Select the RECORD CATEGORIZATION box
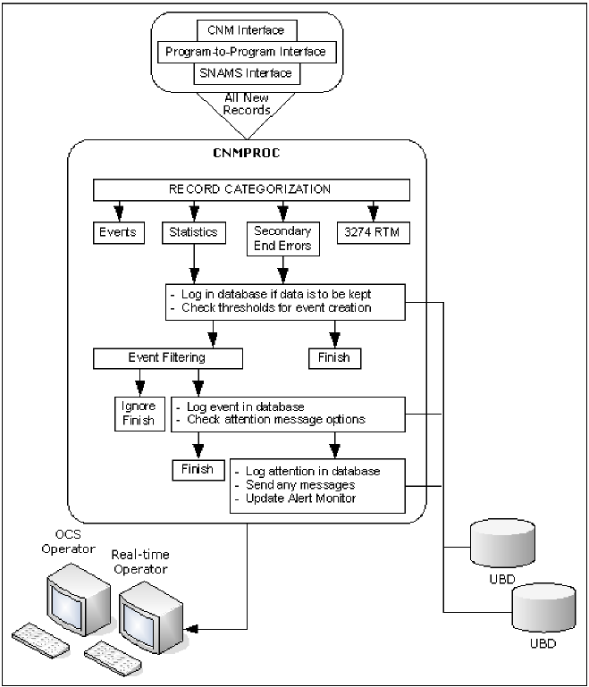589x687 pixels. click(251, 189)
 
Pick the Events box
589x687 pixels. click(114, 232)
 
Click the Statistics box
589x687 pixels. click(194, 232)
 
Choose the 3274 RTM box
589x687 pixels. click(374, 232)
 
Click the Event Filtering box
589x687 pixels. click(168, 357)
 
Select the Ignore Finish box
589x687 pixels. click(137, 414)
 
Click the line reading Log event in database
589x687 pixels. click(238, 407)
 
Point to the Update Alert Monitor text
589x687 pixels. click(301, 498)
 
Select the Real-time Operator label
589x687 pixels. click(139, 562)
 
